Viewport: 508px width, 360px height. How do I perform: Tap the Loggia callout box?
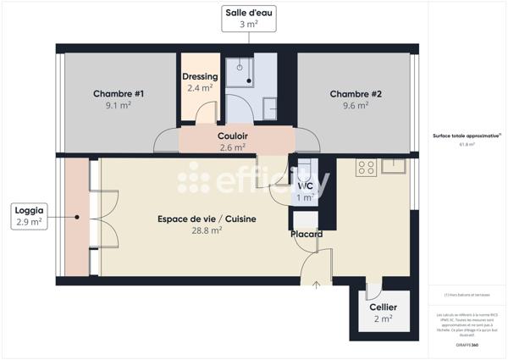click(x=29, y=215)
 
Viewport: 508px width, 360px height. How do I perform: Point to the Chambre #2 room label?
click(x=356, y=94)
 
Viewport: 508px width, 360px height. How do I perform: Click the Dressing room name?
click(x=200, y=76)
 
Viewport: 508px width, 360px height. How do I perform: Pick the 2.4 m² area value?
click(x=200, y=87)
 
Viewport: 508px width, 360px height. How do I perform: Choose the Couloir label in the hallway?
click(x=232, y=136)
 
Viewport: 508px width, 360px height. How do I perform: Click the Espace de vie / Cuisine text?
click(x=207, y=219)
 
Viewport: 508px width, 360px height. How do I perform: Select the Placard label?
click(x=306, y=234)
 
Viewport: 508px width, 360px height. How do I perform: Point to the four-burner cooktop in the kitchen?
click(x=367, y=167)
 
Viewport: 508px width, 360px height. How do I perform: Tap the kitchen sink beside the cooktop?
click(x=394, y=166)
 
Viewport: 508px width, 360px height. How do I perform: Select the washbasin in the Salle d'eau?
click(x=270, y=107)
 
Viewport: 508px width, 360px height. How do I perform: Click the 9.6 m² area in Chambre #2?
click(x=356, y=106)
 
